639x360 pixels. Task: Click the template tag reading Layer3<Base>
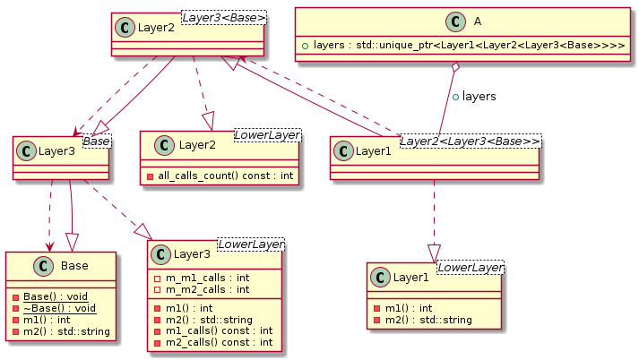click(x=236, y=16)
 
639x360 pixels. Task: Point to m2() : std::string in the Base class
click(x=65, y=332)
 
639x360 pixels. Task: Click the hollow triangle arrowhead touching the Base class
click(x=73, y=241)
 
